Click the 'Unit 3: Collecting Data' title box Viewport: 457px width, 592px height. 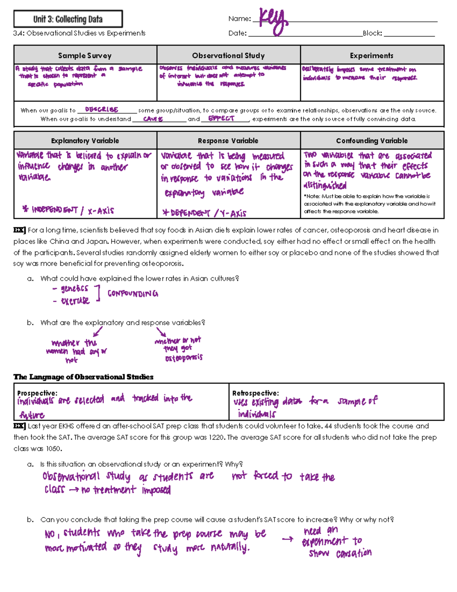(x=68, y=19)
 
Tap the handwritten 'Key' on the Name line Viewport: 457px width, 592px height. (x=273, y=21)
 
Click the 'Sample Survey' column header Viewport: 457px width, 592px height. (x=85, y=56)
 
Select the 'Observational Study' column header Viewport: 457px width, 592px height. (x=228, y=56)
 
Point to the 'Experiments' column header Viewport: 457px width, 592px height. (x=371, y=56)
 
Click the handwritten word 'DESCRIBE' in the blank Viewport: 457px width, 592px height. (x=102, y=109)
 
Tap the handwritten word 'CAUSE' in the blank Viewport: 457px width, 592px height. (x=153, y=119)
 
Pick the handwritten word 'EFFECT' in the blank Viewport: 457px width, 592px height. (x=221, y=119)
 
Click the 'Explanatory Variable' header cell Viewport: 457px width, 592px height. (x=85, y=141)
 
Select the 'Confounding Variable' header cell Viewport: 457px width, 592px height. (x=372, y=141)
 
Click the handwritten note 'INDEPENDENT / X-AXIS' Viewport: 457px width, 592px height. (x=69, y=210)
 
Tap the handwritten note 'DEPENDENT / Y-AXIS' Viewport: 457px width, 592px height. (x=205, y=213)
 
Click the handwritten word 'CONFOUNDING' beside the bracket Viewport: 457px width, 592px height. (x=133, y=294)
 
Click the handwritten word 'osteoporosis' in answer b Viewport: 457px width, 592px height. (x=184, y=358)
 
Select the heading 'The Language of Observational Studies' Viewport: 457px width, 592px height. (x=83, y=377)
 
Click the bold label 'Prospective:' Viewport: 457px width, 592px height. (x=37, y=393)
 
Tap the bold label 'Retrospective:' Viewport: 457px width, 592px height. (x=256, y=393)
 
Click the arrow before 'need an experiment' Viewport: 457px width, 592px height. (x=288, y=539)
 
